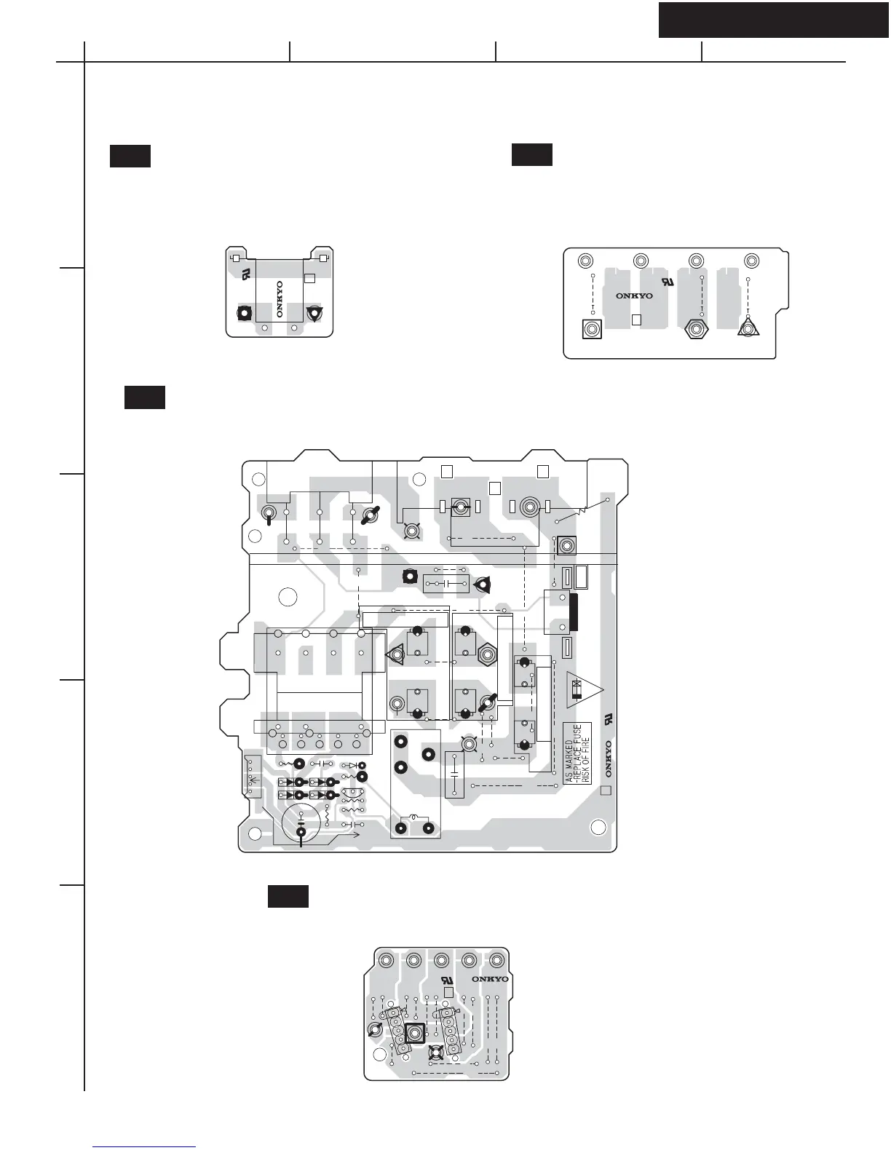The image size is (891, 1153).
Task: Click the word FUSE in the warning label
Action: [x=577, y=735]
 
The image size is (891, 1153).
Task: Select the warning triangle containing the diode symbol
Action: [x=585, y=690]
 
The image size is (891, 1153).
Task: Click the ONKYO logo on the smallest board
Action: [x=280, y=299]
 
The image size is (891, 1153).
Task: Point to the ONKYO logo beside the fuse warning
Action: [x=608, y=759]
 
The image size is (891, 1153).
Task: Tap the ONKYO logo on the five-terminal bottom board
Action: [x=490, y=979]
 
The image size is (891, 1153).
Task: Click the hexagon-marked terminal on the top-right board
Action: [x=696, y=329]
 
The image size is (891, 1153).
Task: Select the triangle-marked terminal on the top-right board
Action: [x=748, y=328]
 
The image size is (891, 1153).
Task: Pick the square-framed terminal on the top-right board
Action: [x=592, y=330]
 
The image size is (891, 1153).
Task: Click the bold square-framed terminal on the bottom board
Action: [x=414, y=1033]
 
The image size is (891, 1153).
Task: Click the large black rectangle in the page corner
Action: [x=773, y=20]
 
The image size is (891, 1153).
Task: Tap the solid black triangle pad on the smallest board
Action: [x=314, y=314]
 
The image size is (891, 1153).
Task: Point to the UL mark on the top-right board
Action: [x=668, y=281]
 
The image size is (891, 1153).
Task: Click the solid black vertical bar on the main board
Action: [x=573, y=612]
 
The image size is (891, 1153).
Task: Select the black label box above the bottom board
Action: [x=288, y=896]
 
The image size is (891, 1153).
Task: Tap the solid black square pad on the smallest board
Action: [x=244, y=312]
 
